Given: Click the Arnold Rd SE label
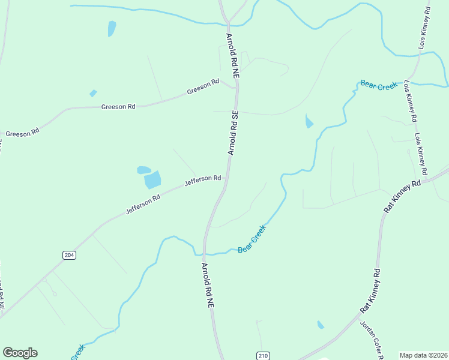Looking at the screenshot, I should tap(233, 133).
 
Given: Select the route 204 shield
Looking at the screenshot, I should tap(69, 255).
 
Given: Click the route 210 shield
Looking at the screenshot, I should tap(262, 355).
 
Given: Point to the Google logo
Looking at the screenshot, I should tap(20, 353).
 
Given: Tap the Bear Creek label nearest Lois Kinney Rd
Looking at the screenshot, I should tap(379, 85).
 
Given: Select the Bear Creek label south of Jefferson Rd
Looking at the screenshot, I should tap(252, 239).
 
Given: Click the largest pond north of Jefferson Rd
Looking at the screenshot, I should tap(153, 179).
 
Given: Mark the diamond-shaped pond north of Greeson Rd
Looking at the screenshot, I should tap(93, 93).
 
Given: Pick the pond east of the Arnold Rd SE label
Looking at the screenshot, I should tap(309, 121).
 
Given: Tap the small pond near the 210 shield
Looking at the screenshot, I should tap(321, 325).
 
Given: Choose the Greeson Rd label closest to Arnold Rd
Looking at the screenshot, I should tap(203, 88).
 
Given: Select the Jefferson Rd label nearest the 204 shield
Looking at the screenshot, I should tap(143, 205).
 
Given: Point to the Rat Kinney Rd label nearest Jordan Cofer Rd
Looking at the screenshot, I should tap(370, 290).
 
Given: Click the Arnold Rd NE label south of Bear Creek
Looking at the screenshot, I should tap(208, 286).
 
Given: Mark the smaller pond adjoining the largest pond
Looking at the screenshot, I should tap(144, 170).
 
